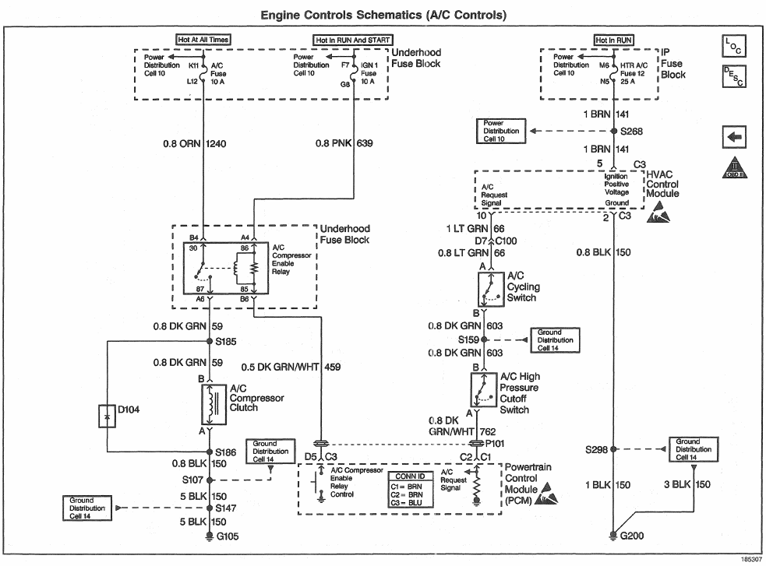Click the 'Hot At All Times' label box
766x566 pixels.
tap(203, 39)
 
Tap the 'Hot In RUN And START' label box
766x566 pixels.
tap(353, 39)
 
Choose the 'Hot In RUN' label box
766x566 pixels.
tap(613, 39)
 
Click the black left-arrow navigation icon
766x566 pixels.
tap(733, 135)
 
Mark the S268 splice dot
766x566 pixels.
tap(613, 132)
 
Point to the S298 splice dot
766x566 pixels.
tap(613, 449)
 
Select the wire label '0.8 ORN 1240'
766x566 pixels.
tap(185, 144)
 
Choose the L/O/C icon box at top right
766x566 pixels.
tap(733, 47)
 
